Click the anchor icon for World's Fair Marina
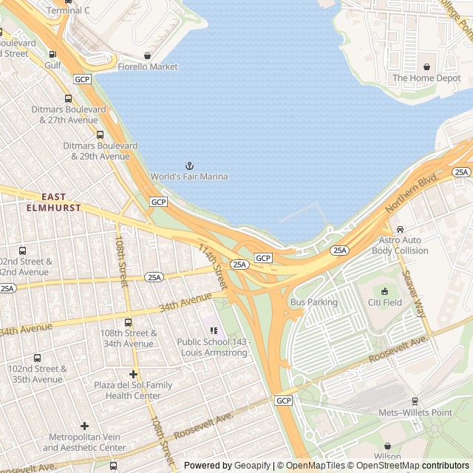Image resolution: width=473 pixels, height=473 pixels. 188,166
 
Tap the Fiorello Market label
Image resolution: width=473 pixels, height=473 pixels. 153,67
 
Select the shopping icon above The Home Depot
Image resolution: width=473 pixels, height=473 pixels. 426,67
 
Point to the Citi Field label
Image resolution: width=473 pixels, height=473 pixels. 384,302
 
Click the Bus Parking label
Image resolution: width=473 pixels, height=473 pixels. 313,302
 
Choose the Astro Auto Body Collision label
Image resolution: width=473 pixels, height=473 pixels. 399,245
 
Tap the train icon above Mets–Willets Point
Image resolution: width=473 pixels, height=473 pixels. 415,401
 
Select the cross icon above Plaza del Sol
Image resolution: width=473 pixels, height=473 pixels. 133,375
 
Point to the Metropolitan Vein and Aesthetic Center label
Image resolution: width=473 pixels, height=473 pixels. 84,442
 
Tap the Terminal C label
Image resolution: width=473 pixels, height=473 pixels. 68,11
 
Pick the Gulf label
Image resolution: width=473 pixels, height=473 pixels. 52,66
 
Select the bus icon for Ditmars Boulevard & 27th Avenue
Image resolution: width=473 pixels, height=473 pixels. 69,98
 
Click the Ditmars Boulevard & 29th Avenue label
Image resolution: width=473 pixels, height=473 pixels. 101,151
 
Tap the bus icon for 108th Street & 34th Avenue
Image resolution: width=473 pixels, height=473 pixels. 129,322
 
